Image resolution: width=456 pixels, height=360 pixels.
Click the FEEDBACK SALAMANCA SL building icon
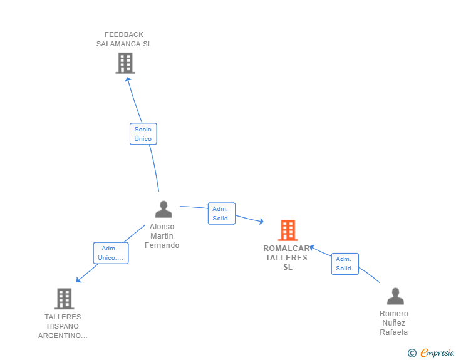[125, 63]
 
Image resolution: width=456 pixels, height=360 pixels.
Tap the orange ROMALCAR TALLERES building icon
[288, 230]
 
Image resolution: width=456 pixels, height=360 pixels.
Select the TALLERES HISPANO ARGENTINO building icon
[65, 299]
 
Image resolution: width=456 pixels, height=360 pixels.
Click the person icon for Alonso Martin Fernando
[163, 209]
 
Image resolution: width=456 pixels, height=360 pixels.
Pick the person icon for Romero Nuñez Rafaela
[395, 296]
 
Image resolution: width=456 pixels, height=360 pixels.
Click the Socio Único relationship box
[143, 134]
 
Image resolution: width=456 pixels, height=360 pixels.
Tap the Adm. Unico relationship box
[111, 253]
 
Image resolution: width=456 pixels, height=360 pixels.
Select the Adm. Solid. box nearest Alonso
[222, 213]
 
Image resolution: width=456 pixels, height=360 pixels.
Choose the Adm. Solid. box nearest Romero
[345, 264]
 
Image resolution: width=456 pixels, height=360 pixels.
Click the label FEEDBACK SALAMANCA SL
[124, 39]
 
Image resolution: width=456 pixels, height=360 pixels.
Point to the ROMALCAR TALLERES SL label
[287, 258]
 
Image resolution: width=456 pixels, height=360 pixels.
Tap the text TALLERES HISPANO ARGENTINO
[63, 326]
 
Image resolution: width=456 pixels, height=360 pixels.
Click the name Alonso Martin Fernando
[162, 236]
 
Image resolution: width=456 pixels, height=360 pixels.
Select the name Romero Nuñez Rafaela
[394, 323]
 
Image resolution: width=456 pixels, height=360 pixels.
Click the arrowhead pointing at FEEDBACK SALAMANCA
[128, 80]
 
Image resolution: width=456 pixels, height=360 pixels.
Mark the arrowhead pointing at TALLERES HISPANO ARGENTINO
[78, 280]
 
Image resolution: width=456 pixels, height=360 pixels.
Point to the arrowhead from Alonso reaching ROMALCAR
[261, 221]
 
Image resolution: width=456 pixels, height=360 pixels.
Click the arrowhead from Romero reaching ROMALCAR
[311, 247]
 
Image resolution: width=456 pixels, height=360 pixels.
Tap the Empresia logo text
[437, 353]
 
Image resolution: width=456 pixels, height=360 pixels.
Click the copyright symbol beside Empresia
[412, 353]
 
